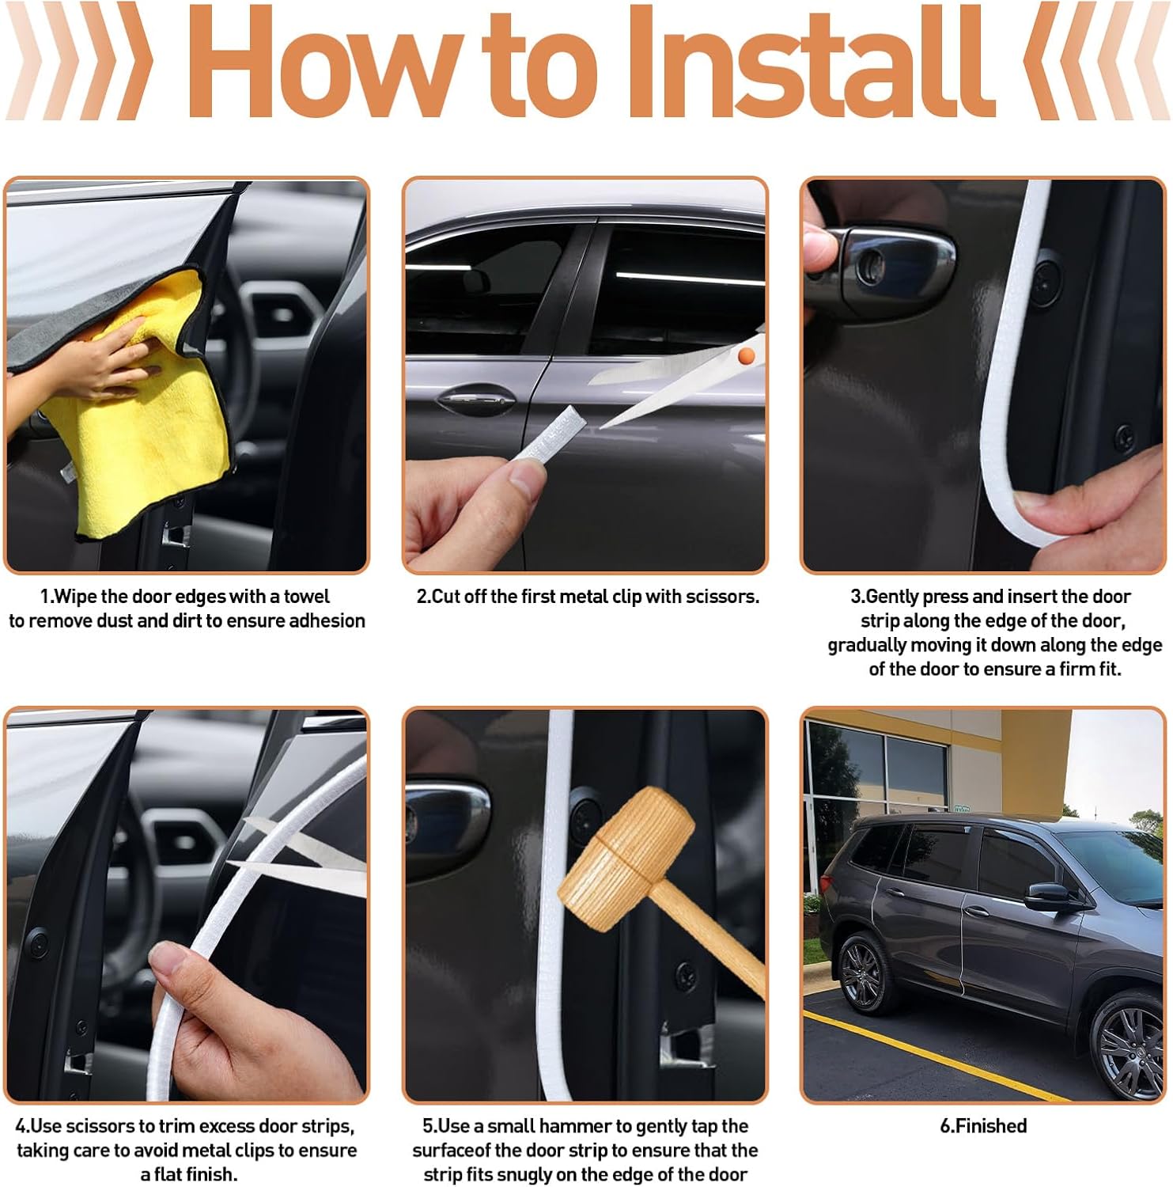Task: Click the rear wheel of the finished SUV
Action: [x=863, y=973]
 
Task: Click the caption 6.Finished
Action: [x=983, y=1125]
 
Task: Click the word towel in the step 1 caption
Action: [x=307, y=596]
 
